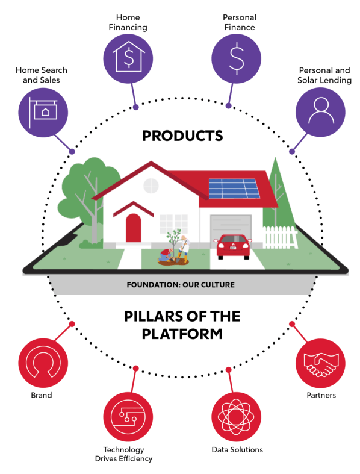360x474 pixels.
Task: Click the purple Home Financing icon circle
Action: pos(128,58)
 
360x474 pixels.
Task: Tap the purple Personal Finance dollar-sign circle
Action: pos(236,58)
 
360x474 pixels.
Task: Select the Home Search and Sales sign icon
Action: pos(43,113)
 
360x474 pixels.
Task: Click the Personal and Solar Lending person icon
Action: pos(320,113)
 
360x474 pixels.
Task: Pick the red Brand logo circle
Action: pos(43,363)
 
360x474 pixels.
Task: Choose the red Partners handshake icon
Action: pos(320,363)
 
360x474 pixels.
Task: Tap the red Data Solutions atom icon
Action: pos(236,417)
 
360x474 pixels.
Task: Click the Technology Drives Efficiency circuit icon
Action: pos(128,417)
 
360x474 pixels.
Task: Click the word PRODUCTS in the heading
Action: pos(182,136)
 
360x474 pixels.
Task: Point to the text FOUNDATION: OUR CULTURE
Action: pos(181,285)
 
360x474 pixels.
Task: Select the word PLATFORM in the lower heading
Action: pos(182,334)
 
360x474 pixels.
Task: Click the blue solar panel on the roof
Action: pos(234,189)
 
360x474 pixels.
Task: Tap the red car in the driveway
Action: pos(233,246)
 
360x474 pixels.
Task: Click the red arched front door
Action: pos(133,228)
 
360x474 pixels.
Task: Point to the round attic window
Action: pos(151,186)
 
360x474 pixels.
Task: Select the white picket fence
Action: pos(280,237)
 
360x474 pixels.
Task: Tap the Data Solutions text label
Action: pos(237,449)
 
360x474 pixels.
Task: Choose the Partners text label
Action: pos(321,395)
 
